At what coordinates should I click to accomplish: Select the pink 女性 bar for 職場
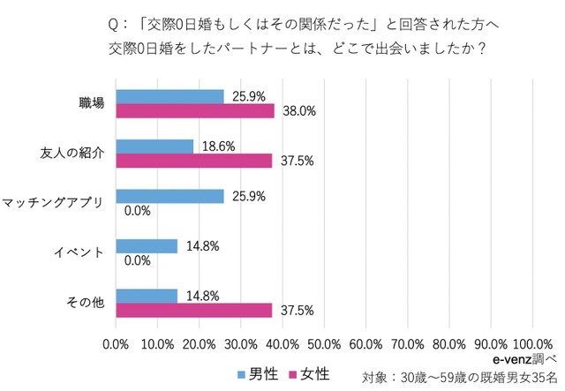195,110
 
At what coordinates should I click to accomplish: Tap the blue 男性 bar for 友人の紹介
154,146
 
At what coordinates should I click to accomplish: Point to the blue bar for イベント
147,245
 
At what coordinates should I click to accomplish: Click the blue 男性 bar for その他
147,296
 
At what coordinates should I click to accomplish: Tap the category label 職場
92,103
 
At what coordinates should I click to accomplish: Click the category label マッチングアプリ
53,203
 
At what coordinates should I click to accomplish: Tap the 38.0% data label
299,111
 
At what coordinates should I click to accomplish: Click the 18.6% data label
218,146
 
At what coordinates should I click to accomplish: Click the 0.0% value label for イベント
137,260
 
